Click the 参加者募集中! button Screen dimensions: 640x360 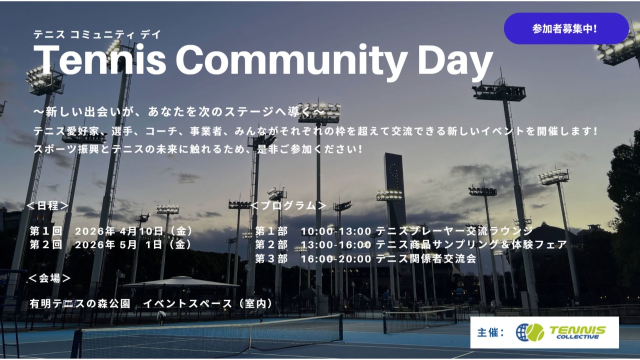pyautogui.click(x=566, y=28)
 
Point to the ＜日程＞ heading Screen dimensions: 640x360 pyautogui.click(x=47, y=205)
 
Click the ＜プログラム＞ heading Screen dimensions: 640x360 pyautogui.click(x=288, y=205)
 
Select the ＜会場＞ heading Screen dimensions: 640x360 pyautogui.click(x=49, y=278)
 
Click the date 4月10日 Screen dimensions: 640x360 pyautogui.click(x=141, y=231)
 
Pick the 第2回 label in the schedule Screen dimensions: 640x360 pyautogui.click(x=46, y=245)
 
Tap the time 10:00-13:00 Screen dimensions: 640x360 pyautogui.click(x=336, y=231)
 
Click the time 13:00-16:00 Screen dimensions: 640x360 pyautogui.click(x=336, y=245)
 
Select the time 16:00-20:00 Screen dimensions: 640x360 pyautogui.click(x=336, y=259)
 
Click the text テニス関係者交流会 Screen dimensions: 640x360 pyautogui.click(x=426, y=259)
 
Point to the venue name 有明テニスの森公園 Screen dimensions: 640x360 pyautogui.click(x=80, y=303)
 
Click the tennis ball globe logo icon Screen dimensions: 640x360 pyautogui.click(x=529, y=332)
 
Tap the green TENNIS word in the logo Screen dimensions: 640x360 pyautogui.click(x=577, y=330)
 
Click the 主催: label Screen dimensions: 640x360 pyautogui.click(x=491, y=332)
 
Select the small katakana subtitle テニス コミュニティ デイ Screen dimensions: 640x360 pyautogui.click(x=97, y=34)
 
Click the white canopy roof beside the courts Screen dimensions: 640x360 pyautogui.click(x=181, y=282)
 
